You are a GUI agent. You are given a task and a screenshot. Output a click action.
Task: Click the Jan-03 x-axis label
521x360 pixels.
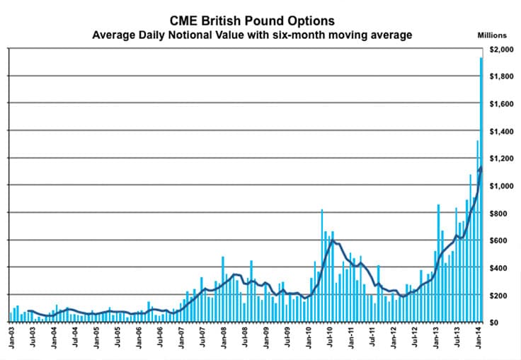point(12,340)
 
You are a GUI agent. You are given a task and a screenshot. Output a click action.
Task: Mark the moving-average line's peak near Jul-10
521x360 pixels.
point(331,240)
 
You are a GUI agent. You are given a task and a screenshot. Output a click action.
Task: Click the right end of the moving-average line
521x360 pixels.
point(481,168)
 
